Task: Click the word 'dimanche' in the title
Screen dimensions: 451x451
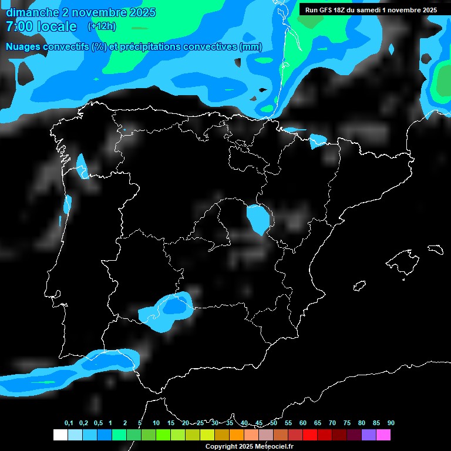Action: [x=32, y=12]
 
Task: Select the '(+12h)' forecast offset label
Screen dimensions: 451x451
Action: [x=102, y=26]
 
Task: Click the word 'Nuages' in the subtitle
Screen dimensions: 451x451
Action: [x=22, y=47]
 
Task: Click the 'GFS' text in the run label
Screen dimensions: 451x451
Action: [x=330, y=10]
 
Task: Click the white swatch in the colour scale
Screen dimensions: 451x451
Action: [x=60, y=435]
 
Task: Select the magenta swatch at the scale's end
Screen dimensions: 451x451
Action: [x=383, y=435]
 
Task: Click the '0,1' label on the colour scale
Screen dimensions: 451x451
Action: [x=69, y=423]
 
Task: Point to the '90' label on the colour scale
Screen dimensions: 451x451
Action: [x=391, y=423]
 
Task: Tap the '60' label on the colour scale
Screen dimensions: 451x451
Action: [x=303, y=423]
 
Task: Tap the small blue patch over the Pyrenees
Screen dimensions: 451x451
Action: [x=318, y=140]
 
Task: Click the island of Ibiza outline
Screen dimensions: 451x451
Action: [x=360, y=286]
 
